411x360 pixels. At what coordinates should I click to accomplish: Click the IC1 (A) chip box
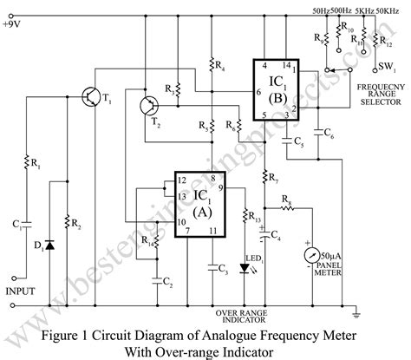tap(199, 200)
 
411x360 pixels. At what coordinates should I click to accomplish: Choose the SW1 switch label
tap(388, 66)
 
